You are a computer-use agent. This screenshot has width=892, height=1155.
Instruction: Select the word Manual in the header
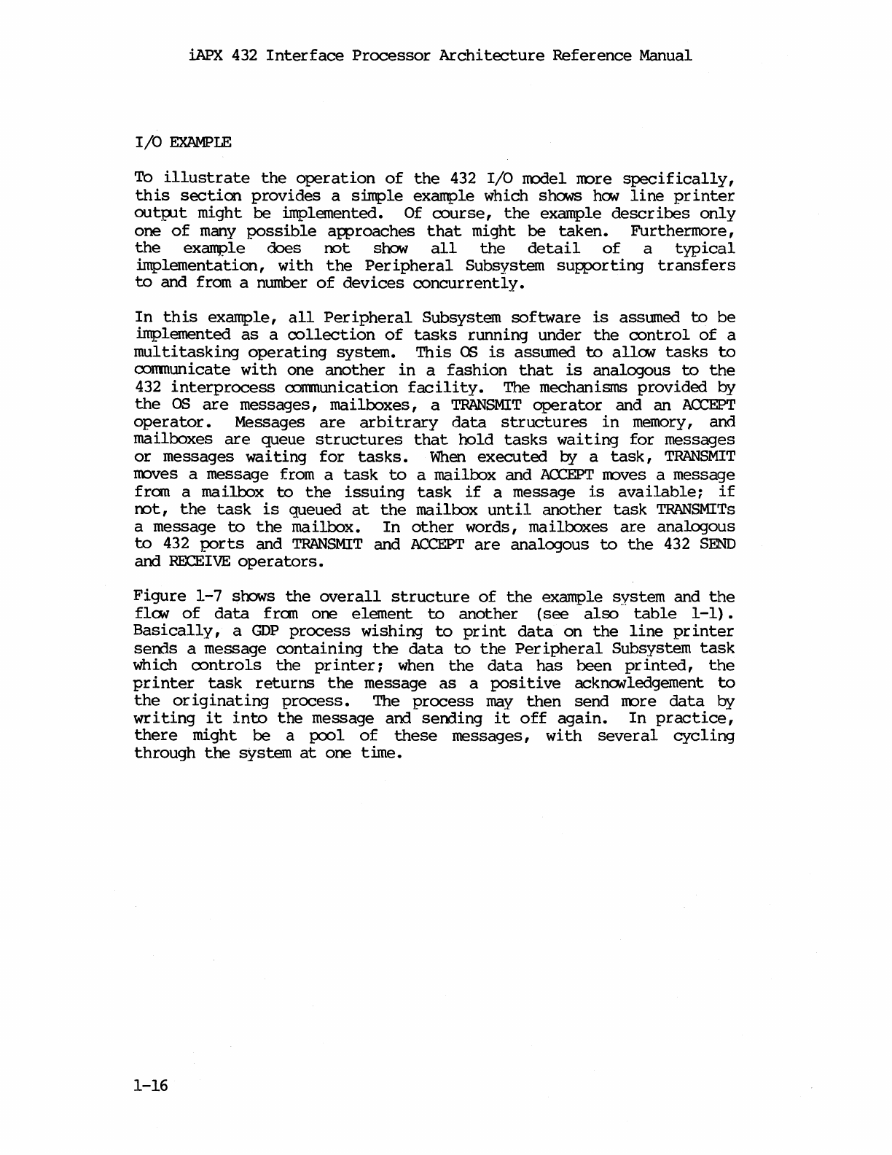665,55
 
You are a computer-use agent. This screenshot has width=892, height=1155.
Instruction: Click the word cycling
704,736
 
